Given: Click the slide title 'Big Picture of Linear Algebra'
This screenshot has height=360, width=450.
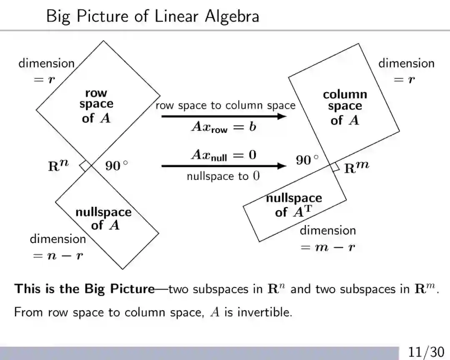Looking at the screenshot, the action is (152, 17).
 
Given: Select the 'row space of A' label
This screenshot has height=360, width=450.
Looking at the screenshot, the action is (97, 106).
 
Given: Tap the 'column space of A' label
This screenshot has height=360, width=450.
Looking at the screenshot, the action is (345, 107).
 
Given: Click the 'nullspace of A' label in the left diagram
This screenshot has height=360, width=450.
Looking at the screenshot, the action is (103, 218).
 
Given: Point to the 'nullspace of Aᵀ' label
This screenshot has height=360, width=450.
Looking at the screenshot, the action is (294, 205).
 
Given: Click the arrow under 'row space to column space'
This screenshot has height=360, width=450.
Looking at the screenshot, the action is (224, 116).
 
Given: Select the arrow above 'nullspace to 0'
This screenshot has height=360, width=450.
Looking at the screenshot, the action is (224, 166).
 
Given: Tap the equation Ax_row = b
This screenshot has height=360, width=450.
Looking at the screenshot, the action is (224, 127).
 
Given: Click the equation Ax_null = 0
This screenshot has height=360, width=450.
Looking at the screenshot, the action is (224, 155).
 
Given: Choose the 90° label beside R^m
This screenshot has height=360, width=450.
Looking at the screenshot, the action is (307, 160).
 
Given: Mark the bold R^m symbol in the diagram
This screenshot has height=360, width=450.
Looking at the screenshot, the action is (356, 167).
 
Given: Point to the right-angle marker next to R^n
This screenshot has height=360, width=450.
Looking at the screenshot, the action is (86, 165).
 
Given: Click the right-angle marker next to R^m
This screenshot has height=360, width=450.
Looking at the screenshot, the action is (335, 167).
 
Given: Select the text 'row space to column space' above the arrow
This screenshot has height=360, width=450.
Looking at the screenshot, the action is (225, 105).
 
